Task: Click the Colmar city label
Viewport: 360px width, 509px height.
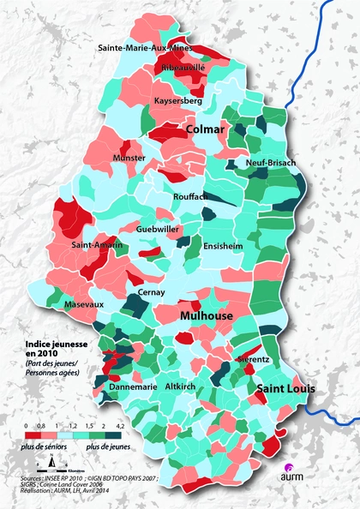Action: click(206, 129)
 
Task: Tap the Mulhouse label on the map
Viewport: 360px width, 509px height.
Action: click(207, 316)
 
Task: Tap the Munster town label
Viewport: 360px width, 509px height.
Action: click(129, 159)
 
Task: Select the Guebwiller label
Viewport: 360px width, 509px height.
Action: click(158, 230)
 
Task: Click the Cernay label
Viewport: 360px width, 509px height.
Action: click(151, 292)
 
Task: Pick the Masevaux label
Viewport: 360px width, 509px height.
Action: click(83, 304)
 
